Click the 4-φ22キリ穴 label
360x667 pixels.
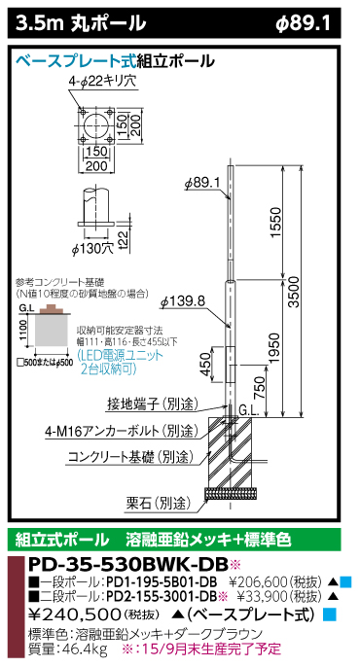(x=100, y=86)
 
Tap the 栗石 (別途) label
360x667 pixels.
(x=156, y=503)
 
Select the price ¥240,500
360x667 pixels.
(x=66, y=613)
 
